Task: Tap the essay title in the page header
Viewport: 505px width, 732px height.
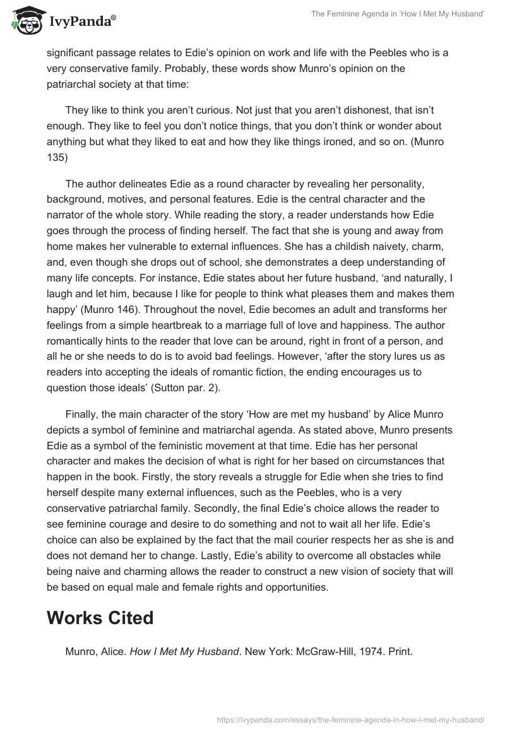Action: click(398, 15)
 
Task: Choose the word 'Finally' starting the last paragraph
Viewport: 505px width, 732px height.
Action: click(82, 413)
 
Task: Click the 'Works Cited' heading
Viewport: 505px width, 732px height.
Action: click(100, 618)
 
